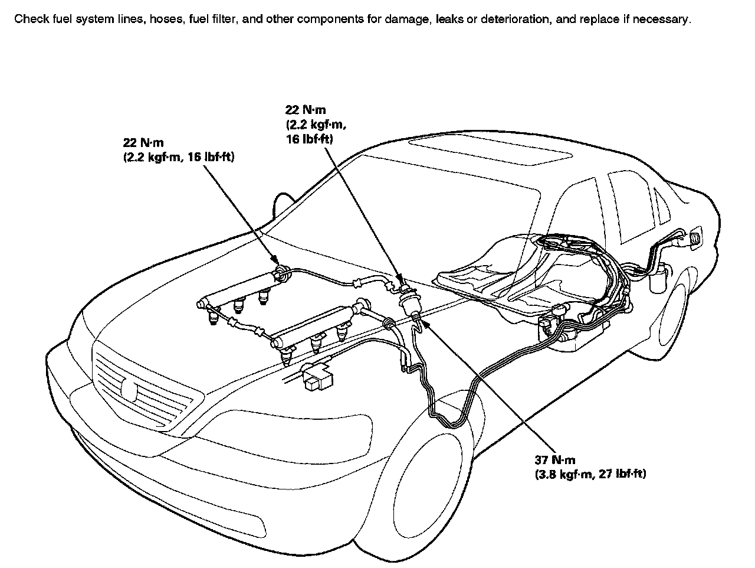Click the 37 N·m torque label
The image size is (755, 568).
pyautogui.click(x=554, y=459)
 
